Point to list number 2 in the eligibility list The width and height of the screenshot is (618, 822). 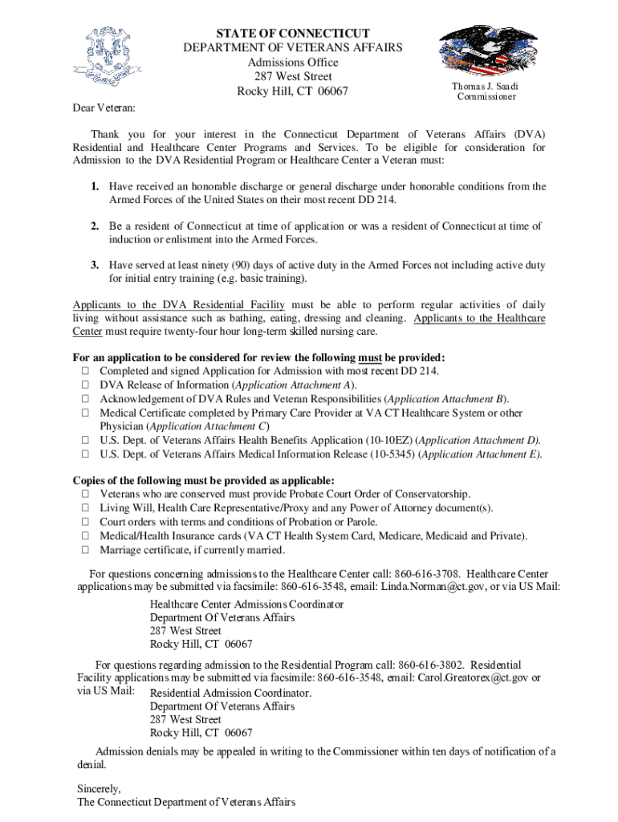point(94,226)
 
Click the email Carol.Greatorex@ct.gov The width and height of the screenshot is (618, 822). point(473,678)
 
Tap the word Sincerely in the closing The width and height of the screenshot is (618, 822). point(99,788)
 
